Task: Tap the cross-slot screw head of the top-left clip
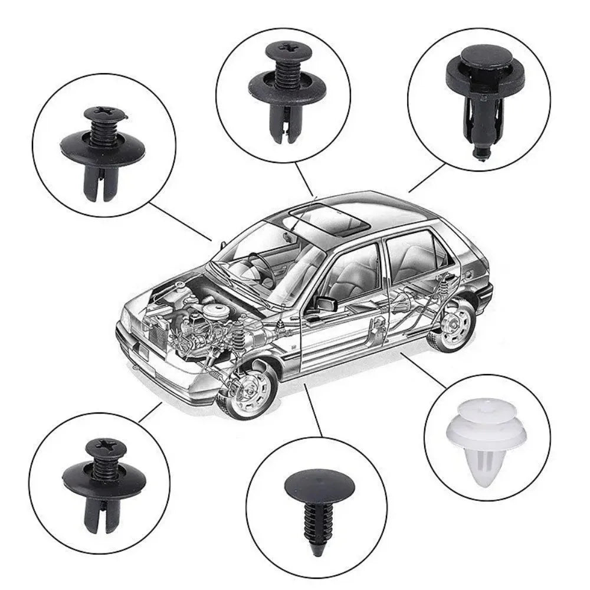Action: click(105, 113)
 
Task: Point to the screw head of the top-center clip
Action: click(289, 49)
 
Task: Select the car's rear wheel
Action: click(455, 324)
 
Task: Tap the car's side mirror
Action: click(325, 303)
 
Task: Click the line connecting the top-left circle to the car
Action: click(180, 221)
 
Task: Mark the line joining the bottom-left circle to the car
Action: click(150, 412)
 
